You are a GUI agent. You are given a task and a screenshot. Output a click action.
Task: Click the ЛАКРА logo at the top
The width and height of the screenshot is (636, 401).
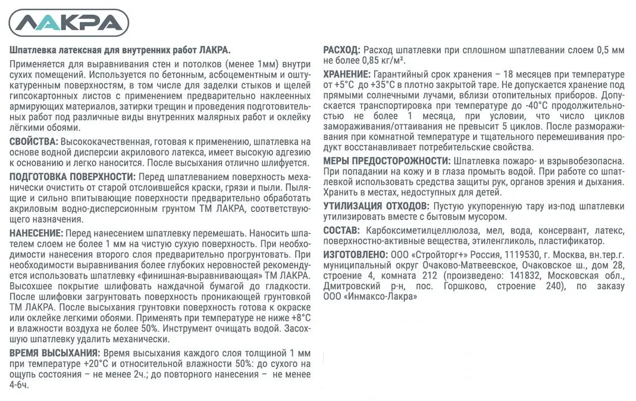click(x=70, y=23)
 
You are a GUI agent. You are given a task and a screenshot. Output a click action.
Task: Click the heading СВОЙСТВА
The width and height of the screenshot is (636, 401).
click(x=34, y=142)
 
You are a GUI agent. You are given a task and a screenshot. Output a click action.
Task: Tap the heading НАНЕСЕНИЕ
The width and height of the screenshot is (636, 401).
click(x=36, y=233)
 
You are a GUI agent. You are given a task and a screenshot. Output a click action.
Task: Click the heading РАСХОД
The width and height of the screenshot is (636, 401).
click(x=341, y=49)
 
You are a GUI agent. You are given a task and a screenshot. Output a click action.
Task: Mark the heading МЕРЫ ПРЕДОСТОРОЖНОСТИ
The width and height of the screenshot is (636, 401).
click(x=386, y=161)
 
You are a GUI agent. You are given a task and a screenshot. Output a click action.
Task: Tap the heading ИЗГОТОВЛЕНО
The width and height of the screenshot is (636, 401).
click(x=355, y=254)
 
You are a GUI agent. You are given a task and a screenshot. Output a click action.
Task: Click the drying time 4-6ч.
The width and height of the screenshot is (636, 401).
click(x=19, y=385)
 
